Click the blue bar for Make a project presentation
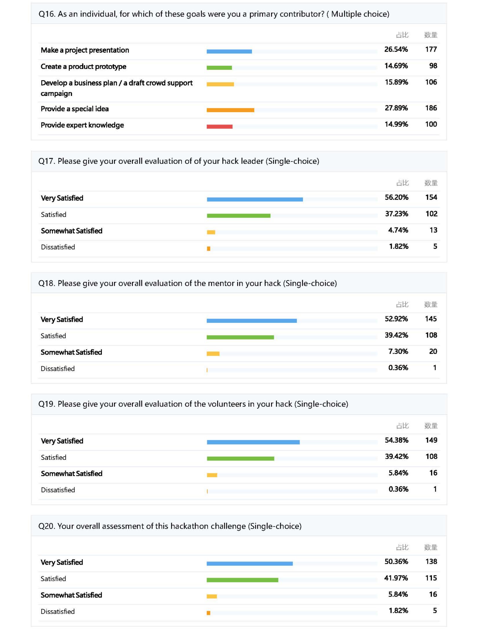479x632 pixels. pos(229,51)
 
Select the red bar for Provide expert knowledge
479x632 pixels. pos(219,126)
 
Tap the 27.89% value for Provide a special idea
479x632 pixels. pos(396,108)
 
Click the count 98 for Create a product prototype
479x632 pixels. pos(433,66)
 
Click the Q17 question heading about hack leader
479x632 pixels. pos(179,161)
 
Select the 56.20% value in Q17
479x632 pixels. pos(396,197)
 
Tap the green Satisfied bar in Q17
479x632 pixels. pos(238,216)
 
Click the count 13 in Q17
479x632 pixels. pos(433,230)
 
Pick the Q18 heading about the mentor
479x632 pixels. pos(187,283)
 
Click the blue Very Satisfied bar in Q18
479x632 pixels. pos(252,321)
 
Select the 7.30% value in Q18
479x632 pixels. pos(398,351)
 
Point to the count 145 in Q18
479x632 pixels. pos(431,319)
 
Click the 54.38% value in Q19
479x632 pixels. pos(396,440)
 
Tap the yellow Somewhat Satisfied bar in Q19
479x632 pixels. pos(212,475)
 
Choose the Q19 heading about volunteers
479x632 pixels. pos(193,404)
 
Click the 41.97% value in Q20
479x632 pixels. pos(396,578)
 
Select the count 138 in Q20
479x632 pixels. pos(431,561)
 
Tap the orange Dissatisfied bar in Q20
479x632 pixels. pos(208,613)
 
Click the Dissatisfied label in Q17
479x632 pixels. pos(58,247)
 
